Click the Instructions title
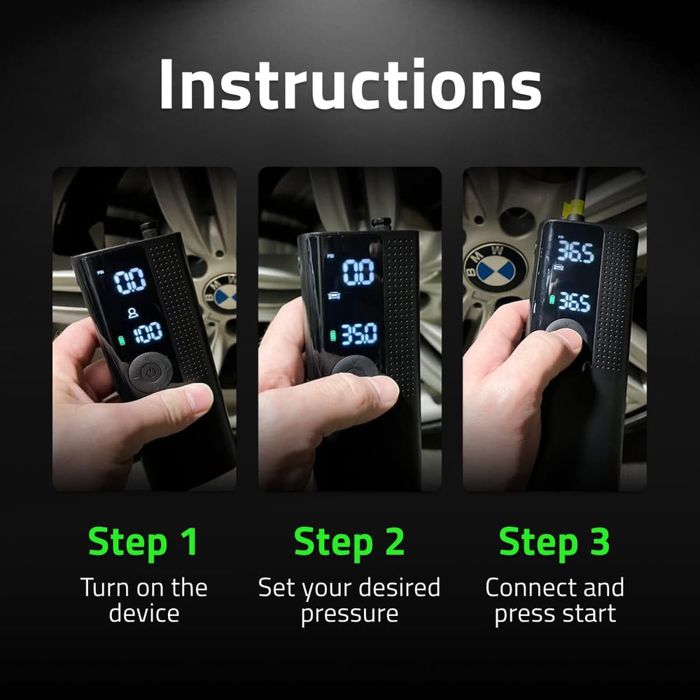click(x=350, y=85)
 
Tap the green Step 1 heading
click(x=143, y=542)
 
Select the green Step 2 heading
click(x=349, y=542)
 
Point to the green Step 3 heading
click(x=554, y=542)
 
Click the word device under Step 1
click(x=143, y=614)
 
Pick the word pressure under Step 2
click(x=349, y=614)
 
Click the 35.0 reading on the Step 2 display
click(x=359, y=334)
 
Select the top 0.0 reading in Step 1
click(x=130, y=280)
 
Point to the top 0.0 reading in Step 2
click(x=358, y=272)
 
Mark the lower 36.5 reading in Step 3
click(x=574, y=302)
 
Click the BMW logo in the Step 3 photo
click(x=496, y=265)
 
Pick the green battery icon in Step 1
click(x=123, y=341)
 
